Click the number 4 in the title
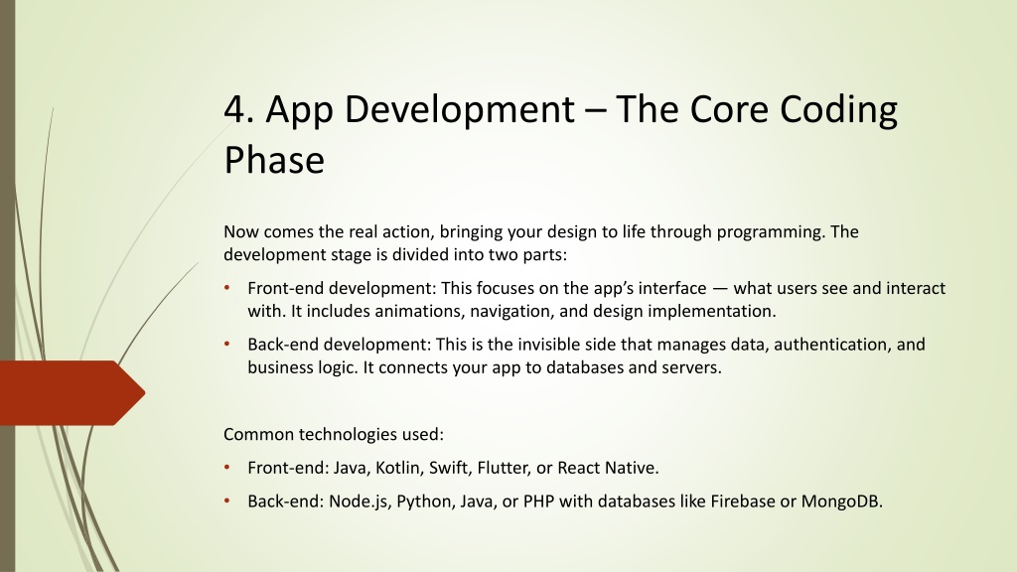tap(234, 109)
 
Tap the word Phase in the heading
tap(274, 160)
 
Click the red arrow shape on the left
tap(73, 393)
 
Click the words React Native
tap(608, 468)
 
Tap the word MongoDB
tap(841, 501)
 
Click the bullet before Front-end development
tap(227, 287)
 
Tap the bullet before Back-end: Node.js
tap(227, 500)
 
